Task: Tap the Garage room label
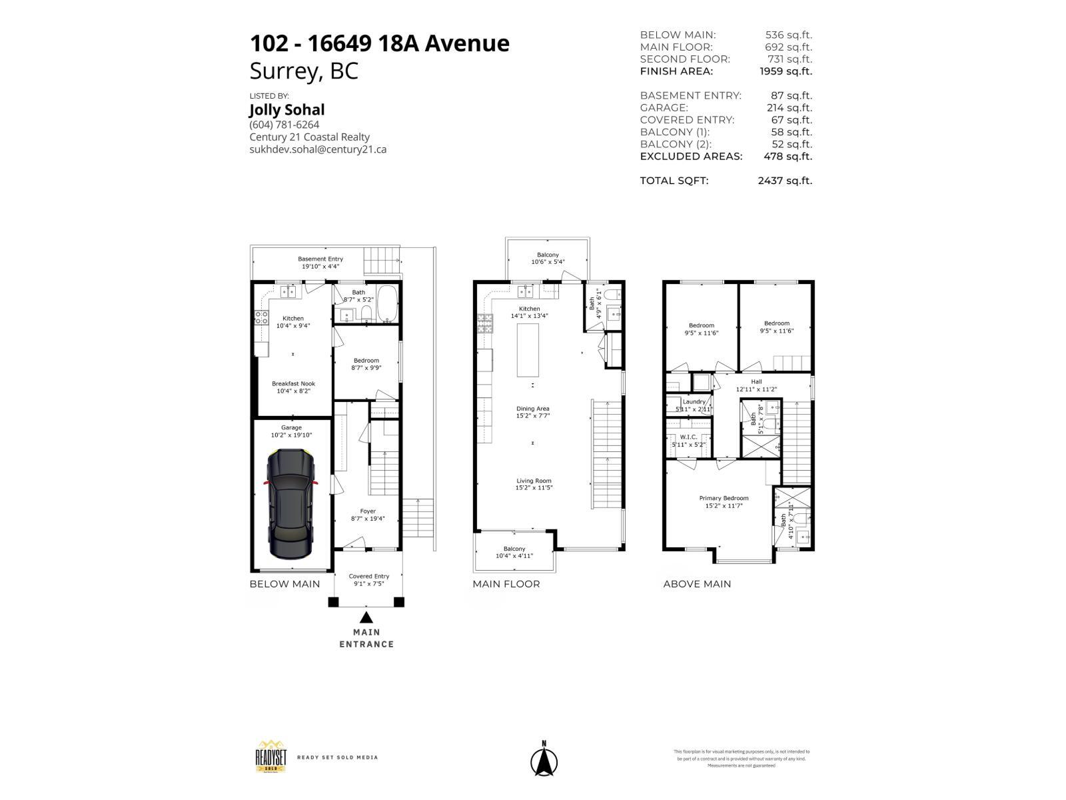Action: click(291, 431)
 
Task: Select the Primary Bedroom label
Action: click(724, 501)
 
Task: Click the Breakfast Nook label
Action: click(293, 387)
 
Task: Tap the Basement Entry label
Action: click(320, 262)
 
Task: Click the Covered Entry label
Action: click(368, 580)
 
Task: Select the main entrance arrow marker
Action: click(366, 617)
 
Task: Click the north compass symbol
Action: click(544, 761)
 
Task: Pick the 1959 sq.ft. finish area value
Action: click(786, 71)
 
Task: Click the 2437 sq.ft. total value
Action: click(785, 181)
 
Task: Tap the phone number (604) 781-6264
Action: click(284, 125)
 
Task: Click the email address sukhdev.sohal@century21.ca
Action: click(318, 149)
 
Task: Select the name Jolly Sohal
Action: click(286, 109)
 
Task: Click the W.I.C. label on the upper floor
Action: click(688, 441)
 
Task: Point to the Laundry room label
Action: click(694, 405)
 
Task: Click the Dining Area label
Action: click(533, 412)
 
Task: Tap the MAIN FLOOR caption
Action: click(506, 584)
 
